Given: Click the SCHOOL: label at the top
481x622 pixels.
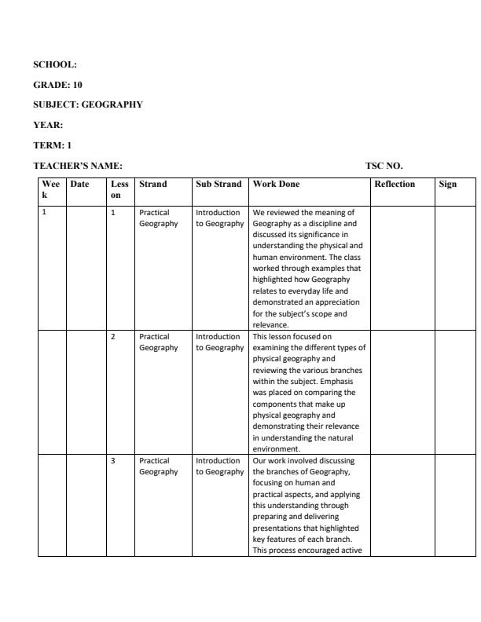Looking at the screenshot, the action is click(55, 64).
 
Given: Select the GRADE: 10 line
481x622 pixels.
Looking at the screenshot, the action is click(58, 84).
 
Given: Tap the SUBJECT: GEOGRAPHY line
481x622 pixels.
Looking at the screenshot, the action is click(88, 104).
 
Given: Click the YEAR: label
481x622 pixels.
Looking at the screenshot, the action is click(48, 124).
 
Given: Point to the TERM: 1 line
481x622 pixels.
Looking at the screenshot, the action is click(52, 145).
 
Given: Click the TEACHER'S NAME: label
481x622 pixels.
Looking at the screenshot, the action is click(78, 165).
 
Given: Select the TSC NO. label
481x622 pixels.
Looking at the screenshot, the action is click(384, 165).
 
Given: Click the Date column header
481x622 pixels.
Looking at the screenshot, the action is click(79, 185).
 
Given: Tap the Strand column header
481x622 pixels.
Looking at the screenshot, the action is click(152, 185).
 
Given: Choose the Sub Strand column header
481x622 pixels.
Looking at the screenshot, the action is click(218, 185).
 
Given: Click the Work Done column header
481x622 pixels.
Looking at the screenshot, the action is click(276, 185).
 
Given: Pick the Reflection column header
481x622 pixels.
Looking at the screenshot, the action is click(395, 185).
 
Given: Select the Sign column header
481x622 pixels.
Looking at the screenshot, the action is click(448, 185).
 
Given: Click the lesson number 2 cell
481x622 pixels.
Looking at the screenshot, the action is click(113, 336).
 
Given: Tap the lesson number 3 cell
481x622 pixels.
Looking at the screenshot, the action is click(113, 460).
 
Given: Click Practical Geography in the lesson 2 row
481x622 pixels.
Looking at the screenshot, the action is click(158, 342).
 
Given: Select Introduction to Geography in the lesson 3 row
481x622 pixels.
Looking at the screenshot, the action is click(218, 466).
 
